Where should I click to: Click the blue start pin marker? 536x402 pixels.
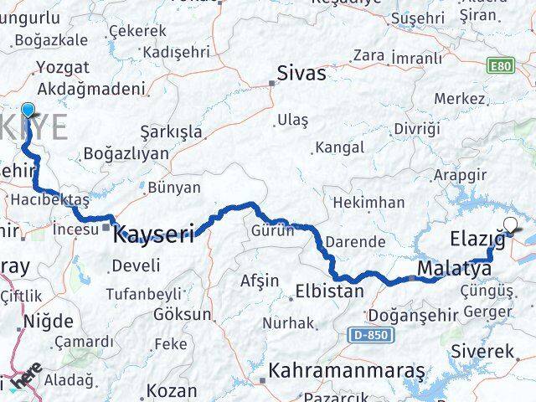click(28, 111)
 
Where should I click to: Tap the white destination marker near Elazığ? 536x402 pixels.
click(512, 224)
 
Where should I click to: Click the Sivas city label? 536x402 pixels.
click(302, 74)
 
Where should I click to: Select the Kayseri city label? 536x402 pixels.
click(154, 230)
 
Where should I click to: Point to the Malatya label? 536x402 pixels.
click(453, 269)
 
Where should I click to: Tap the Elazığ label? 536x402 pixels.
click(478, 238)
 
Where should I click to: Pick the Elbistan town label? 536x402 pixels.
click(329, 292)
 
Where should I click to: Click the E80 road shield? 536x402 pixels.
click(502, 64)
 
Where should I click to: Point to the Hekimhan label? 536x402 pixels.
click(368, 203)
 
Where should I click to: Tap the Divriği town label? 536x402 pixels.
click(416, 129)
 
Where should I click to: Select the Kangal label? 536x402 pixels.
click(338, 148)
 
